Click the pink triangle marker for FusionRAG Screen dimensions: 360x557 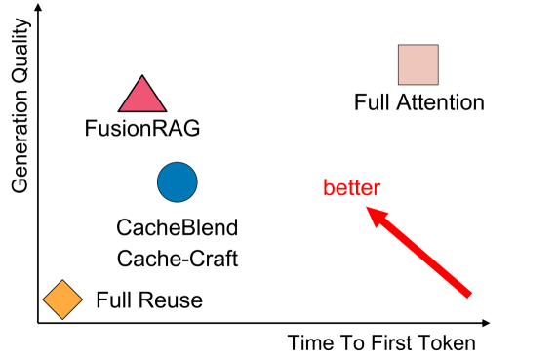coord(143,96)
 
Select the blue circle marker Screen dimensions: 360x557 coord(178,181)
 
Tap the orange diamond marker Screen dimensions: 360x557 coord(62,300)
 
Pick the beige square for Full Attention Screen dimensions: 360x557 coord(418,64)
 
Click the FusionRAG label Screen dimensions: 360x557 coord(135,127)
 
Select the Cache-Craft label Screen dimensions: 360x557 coord(177,259)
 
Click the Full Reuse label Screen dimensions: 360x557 coord(149,300)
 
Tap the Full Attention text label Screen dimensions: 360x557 coord(418,101)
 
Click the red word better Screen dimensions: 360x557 coord(351,187)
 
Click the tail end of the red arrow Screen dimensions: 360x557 coord(468,293)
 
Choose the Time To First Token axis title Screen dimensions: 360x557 coord(381,343)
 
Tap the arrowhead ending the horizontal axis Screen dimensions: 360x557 coord(488,323)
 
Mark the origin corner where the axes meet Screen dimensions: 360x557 coord(37,323)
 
